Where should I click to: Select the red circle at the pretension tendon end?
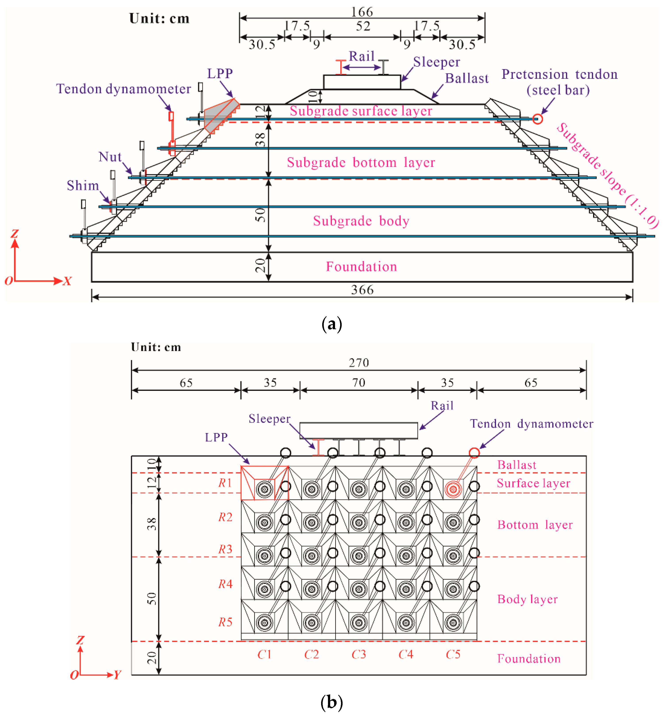(x=537, y=119)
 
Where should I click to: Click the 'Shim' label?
(x=83, y=185)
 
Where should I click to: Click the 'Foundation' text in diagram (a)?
(x=361, y=267)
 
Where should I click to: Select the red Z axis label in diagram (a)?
(x=14, y=233)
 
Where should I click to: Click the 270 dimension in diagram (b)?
(x=359, y=363)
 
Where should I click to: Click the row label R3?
(x=225, y=549)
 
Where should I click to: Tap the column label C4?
(x=406, y=654)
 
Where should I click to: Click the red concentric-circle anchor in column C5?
(x=453, y=489)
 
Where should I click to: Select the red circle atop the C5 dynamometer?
(x=474, y=453)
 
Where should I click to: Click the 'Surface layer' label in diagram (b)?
(x=533, y=483)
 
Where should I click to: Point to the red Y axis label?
(x=117, y=675)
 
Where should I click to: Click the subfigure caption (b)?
(x=331, y=702)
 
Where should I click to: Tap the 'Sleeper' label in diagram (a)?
(x=436, y=62)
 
